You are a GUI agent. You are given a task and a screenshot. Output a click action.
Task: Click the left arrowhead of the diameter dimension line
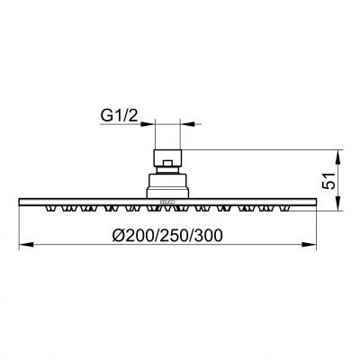pos(23,246)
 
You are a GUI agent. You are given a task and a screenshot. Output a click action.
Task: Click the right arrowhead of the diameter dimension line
pos(316,246)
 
